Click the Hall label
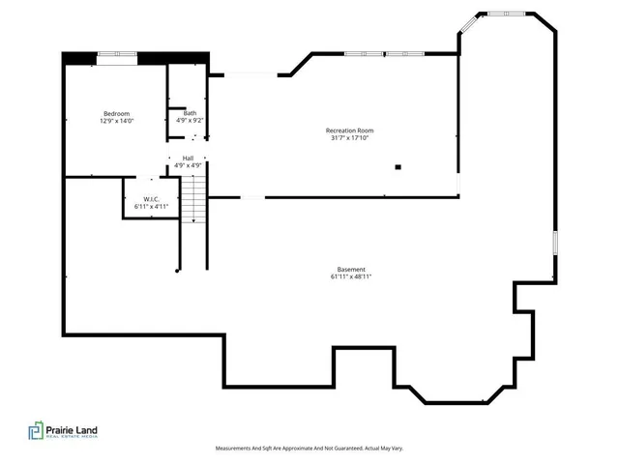point(188,158)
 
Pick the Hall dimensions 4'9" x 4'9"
point(188,165)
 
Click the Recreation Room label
point(349,130)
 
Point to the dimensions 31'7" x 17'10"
point(349,138)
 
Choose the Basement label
point(351,269)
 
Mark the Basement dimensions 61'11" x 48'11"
point(351,276)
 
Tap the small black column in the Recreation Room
point(398,167)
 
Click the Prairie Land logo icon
point(36,431)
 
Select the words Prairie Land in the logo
point(74,428)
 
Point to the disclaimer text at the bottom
point(309,449)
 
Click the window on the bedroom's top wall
point(116,53)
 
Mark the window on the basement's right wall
point(555,242)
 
